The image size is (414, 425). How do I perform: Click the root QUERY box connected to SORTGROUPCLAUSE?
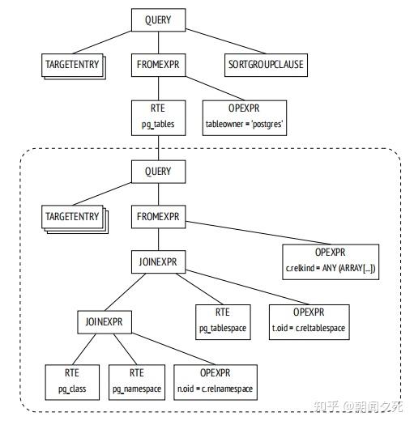158,20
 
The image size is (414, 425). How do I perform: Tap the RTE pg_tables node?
158,118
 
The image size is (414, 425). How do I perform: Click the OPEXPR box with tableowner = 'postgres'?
244,118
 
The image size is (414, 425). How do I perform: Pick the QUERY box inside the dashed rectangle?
158,172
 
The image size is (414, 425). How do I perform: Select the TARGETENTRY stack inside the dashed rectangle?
73,218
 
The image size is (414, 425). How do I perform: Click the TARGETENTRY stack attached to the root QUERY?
73,64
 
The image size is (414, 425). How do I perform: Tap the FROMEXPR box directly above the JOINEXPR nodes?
158,217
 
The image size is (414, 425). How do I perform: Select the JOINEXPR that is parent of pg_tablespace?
158,263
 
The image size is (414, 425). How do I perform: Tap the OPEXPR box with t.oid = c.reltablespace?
309,321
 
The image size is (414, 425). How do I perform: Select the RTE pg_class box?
72,380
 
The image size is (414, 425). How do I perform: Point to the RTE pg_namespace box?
137,380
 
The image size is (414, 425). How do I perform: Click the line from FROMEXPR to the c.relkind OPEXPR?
243,232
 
